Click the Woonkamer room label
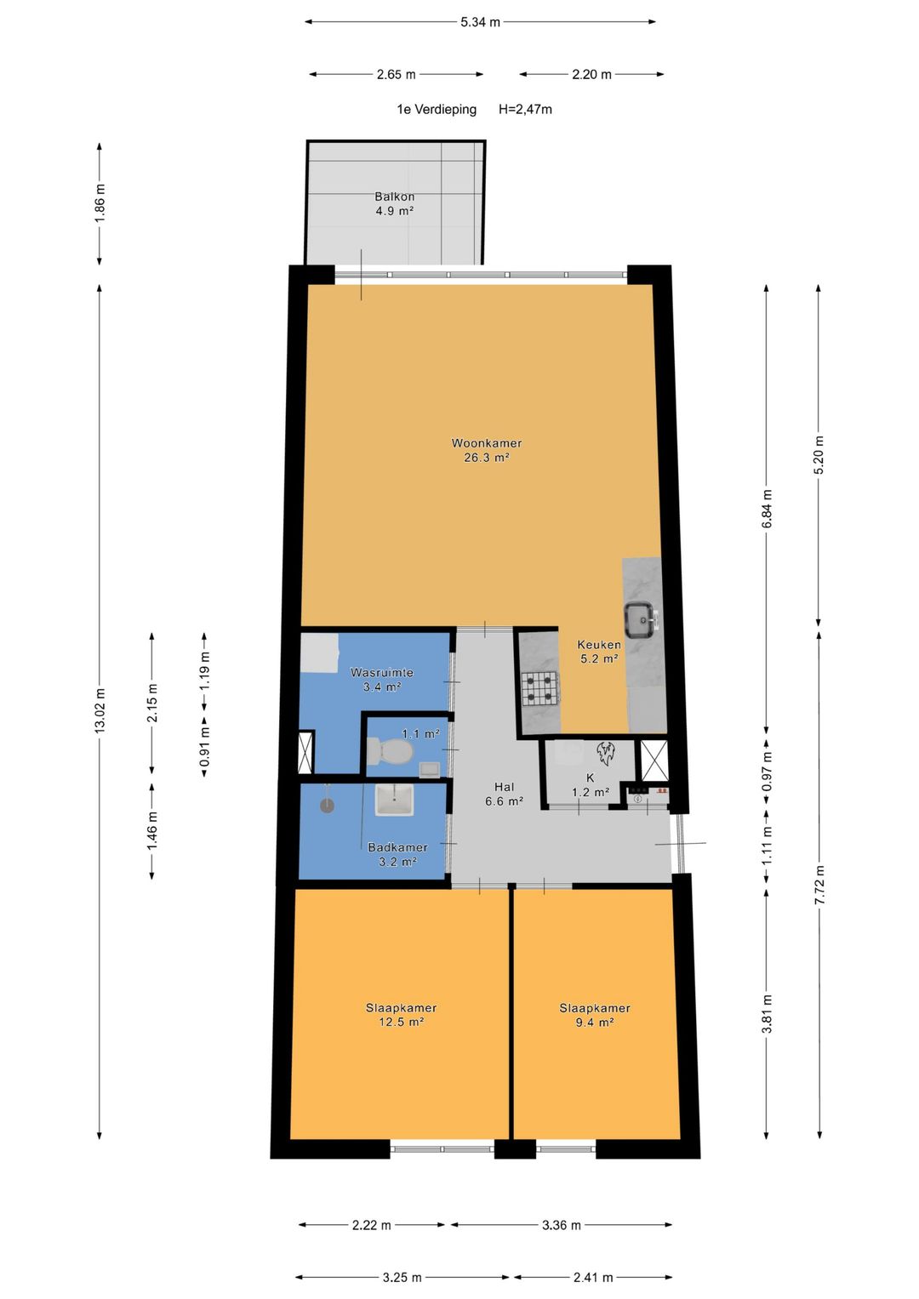(x=486, y=443)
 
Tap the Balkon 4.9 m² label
(x=394, y=203)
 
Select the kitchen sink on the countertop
(x=642, y=620)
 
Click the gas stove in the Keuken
(x=539, y=688)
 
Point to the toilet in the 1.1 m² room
(x=390, y=751)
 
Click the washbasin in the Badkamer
(x=394, y=800)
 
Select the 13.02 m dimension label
(x=100, y=710)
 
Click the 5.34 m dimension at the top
(x=480, y=22)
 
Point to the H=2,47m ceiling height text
(x=525, y=109)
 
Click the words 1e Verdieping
(x=437, y=109)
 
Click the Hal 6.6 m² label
(x=504, y=794)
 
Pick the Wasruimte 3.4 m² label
(x=382, y=680)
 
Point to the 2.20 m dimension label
(x=591, y=74)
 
